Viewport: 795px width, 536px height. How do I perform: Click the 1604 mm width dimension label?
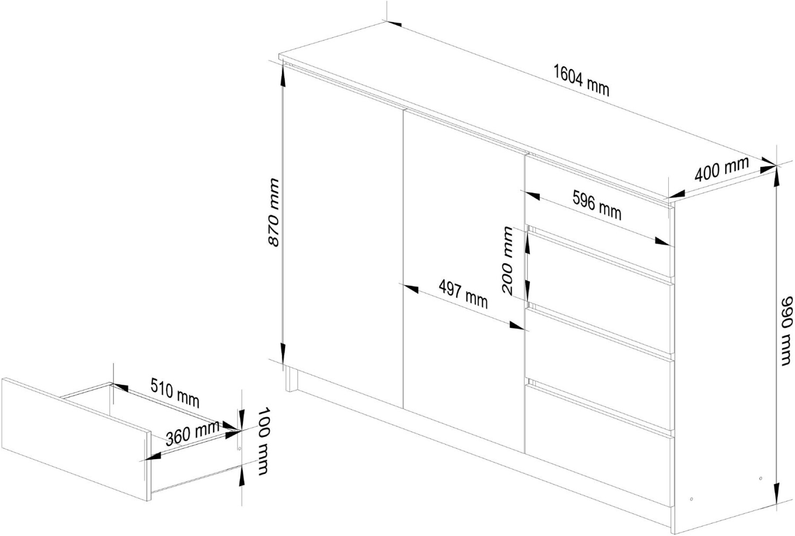[x=581, y=81]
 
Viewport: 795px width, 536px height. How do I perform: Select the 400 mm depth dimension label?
[x=721, y=169]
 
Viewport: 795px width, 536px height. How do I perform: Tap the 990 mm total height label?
[x=787, y=331]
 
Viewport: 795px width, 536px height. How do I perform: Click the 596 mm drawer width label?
[x=597, y=205]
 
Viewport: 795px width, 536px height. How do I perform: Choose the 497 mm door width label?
[x=463, y=294]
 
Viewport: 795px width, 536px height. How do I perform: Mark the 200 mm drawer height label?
[x=508, y=261]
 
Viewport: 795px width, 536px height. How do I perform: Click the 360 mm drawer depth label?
[x=192, y=433]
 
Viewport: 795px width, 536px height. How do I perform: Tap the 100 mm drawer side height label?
[x=263, y=441]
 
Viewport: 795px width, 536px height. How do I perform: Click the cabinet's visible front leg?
[x=291, y=379]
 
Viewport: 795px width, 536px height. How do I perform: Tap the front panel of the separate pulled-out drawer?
[x=76, y=439]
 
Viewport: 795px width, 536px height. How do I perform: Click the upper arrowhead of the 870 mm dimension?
[x=282, y=76]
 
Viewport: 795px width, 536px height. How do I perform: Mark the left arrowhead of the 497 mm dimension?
[x=409, y=288]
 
